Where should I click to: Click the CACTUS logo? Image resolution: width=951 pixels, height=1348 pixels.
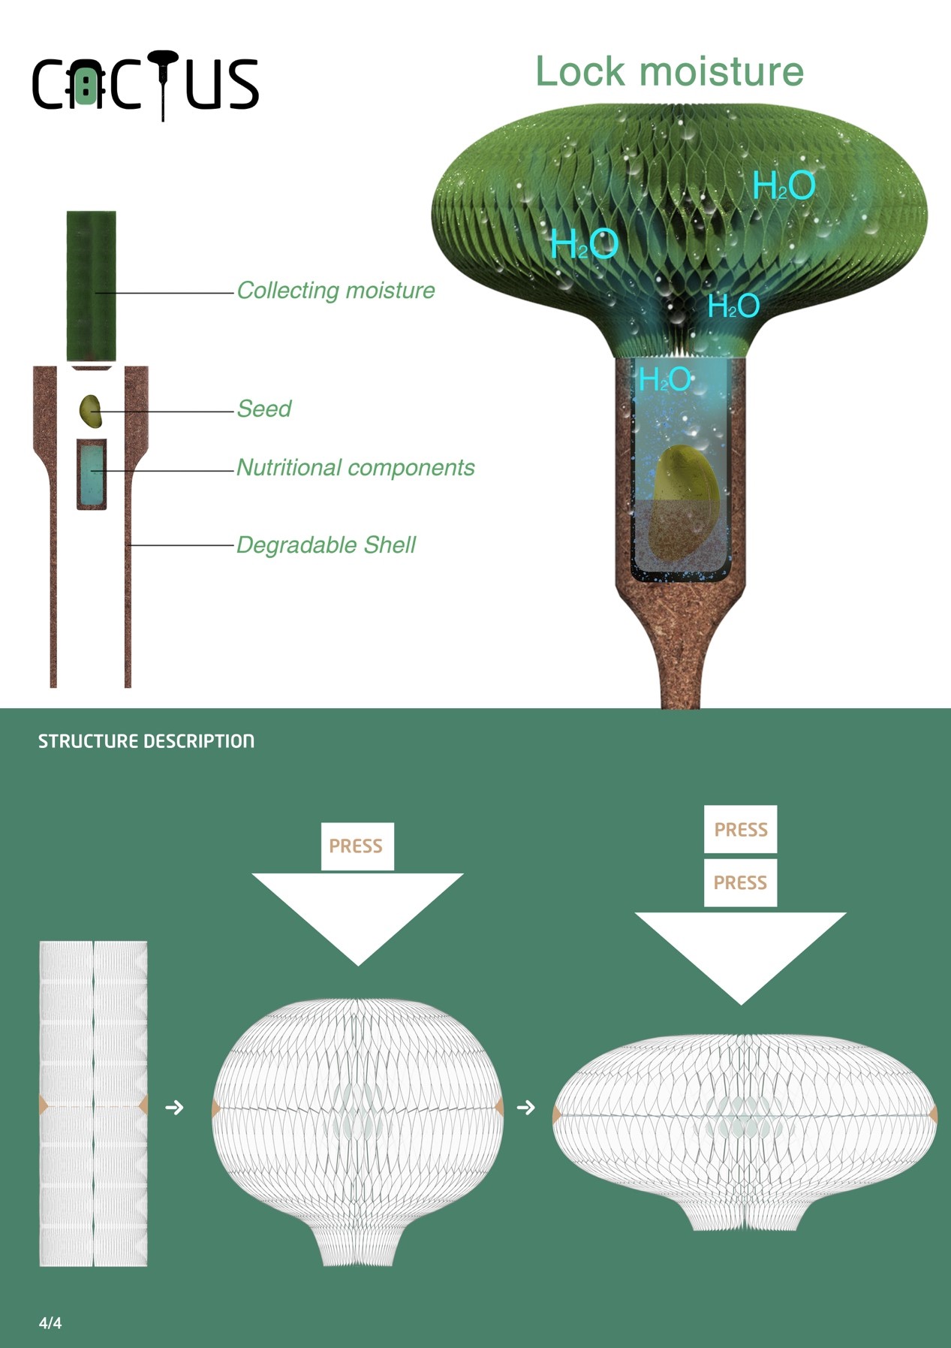click(145, 84)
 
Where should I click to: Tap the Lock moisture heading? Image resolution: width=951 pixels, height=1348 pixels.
click(669, 72)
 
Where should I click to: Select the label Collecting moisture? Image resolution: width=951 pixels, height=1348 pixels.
click(336, 291)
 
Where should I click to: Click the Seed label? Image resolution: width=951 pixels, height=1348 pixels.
click(264, 409)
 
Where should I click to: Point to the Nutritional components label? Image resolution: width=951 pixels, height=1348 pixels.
click(355, 468)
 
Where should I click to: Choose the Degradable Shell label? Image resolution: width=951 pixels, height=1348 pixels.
click(326, 545)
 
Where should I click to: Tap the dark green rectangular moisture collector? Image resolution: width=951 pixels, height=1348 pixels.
click(92, 285)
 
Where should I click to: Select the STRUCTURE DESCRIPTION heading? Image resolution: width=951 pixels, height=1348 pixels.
click(146, 742)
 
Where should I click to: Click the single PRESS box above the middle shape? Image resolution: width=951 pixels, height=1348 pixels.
click(357, 846)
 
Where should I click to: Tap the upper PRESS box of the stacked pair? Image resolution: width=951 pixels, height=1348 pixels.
click(740, 829)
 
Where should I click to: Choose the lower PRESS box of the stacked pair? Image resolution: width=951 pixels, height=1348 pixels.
click(740, 882)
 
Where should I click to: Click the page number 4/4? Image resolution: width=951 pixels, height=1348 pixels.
click(50, 1323)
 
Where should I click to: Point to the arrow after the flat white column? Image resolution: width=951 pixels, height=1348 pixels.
click(174, 1108)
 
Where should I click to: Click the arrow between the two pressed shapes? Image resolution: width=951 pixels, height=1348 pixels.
click(526, 1108)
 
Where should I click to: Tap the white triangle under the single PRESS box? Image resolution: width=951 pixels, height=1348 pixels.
click(357, 909)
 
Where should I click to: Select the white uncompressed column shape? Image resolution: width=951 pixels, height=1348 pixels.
click(93, 1104)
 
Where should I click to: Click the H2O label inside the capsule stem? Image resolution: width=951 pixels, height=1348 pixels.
click(664, 380)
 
